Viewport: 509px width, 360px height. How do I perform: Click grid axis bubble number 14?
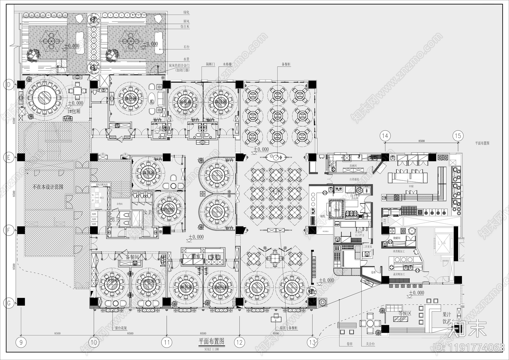385,136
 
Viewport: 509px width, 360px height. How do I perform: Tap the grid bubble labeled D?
9,84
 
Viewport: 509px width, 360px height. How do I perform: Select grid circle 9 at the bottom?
21,342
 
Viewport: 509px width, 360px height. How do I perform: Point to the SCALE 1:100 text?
212,349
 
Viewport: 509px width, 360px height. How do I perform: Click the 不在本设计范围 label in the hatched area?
48,187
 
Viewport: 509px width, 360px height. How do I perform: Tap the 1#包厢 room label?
74,111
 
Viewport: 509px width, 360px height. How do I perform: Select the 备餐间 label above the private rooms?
132,257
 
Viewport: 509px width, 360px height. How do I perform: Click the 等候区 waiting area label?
405,313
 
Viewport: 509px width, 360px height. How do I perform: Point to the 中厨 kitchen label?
411,186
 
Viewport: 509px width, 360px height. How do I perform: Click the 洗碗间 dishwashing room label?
353,166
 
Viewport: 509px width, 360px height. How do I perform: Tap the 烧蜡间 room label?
396,238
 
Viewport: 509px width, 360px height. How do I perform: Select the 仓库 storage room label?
373,272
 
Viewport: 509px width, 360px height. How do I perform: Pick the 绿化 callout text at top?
186,12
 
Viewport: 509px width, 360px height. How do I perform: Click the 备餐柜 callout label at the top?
286,64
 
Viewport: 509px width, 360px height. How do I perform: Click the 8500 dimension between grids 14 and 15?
421,141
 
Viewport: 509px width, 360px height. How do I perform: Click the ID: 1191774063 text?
469,347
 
